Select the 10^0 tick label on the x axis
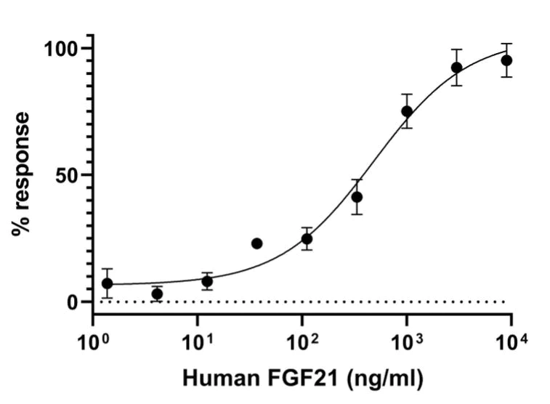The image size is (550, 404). [93, 339]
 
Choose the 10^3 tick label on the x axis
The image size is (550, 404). [407, 339]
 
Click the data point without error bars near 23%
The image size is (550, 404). [256, 243]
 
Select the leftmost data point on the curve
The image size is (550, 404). [108, 283]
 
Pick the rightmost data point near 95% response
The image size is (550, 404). [506, 60]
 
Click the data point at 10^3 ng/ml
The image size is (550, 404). [407, 111]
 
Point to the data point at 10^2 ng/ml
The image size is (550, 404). [307, 238]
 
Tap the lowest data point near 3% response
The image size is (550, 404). [157, 294]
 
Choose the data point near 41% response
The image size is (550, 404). [357, 197]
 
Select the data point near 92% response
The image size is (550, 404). [456, 68]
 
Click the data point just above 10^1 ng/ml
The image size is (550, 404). [207, 281]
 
